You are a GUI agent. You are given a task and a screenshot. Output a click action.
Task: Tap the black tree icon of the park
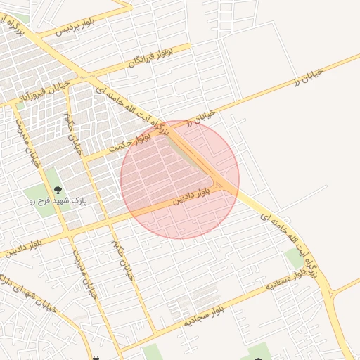click(57, 189)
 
